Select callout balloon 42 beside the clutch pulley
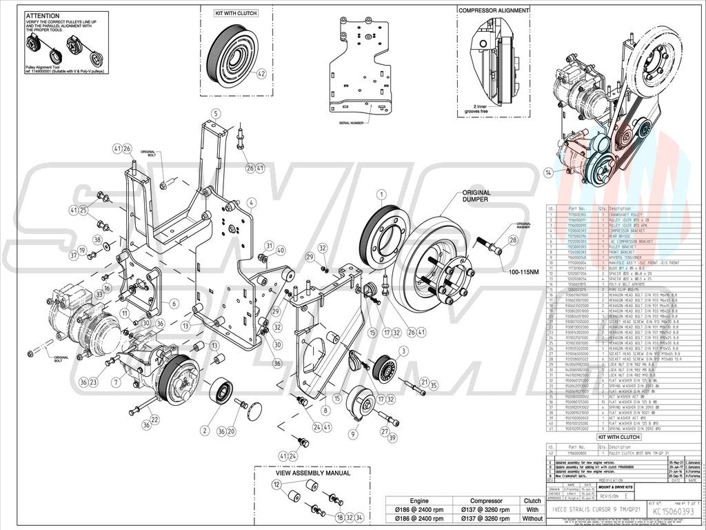click(x=261, y=73)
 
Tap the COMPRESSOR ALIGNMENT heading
click(x=494, y=10)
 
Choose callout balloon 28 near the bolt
click(x=512, y=240)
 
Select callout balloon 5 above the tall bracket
click(x=215, y=113)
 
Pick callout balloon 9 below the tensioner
click(x=353, y=434)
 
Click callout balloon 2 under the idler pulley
click(x=205, y=431)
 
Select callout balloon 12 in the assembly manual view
click(x=276, y=485)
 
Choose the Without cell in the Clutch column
click(x=532, y=518)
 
